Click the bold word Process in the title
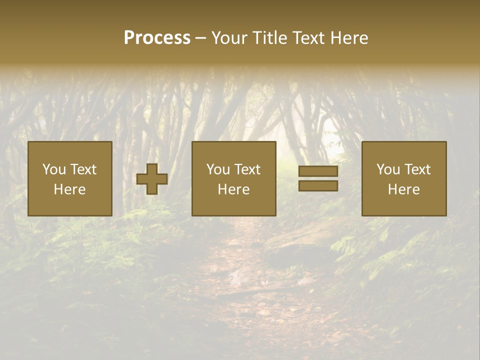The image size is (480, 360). coord(157,38)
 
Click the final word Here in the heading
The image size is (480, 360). coord(350,38)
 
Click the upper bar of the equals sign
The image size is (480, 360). coord(318,171)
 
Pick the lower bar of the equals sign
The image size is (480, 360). coord(318,186)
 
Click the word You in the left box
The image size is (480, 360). coord(54,169)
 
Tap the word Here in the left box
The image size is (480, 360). coord(69,189)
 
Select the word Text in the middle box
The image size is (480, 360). coord(247,169)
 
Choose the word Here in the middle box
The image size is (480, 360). coord(233,189)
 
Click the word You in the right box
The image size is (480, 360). coord(388,169)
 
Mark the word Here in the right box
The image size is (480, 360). coord(403,189)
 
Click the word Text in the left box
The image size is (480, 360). coord(83,169)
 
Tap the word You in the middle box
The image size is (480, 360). coord(218,169)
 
